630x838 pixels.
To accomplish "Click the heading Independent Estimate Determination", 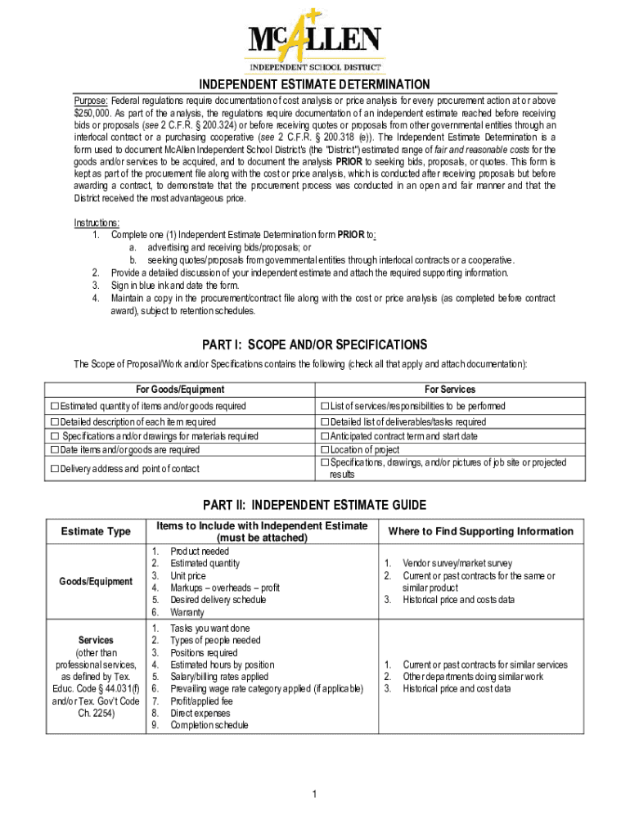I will (x=315, y=84).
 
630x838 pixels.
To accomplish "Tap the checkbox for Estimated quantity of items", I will (x=55, y=406).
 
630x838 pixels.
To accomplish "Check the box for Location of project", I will (x=325, y=449).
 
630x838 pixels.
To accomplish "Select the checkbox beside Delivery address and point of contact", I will (x=55, y=469).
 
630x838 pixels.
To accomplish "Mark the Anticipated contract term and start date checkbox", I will (x=325, y=436).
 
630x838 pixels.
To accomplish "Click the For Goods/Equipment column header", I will (x=180, y=390).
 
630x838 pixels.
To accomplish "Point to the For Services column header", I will (x=449, y=390).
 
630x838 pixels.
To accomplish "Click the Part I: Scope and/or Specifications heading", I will (x=315, y=345).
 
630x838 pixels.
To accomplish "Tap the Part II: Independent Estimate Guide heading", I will (x=315, y=505).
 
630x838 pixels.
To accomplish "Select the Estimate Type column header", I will (x=96, y=532).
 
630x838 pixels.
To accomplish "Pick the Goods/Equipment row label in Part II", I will (x=96, y=582).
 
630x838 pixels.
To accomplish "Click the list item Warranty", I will (x=187, y=612).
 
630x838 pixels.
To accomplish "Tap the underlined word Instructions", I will (x=97, y=223).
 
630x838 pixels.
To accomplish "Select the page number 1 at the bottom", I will (x=315, y=795).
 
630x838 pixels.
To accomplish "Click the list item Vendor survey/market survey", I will (x=457, y=564).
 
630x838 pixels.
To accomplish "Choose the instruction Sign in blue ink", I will (x=175, y=286).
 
